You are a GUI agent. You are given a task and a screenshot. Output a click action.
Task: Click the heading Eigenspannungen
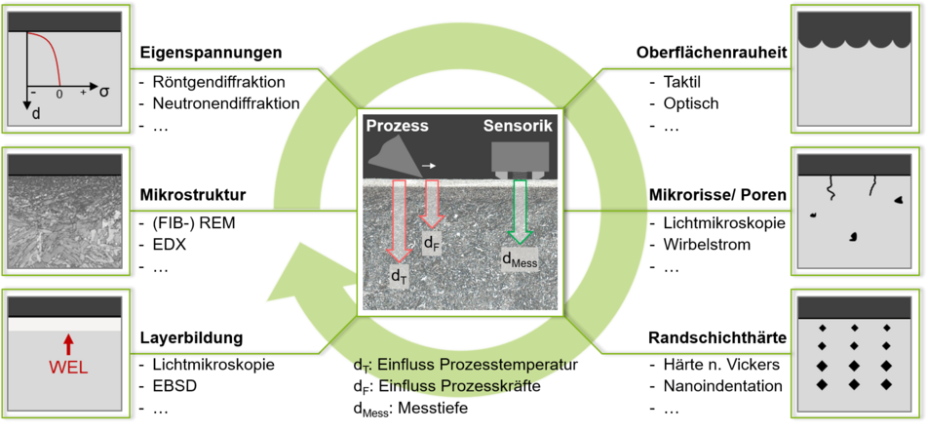point(210,54)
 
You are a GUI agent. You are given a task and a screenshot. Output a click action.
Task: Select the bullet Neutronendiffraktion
point(226,103)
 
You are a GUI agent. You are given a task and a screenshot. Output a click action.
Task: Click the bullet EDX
point(169,244)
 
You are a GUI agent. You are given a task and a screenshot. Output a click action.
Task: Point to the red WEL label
point(67,368)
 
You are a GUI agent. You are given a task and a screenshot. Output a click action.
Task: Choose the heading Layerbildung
point(192,338)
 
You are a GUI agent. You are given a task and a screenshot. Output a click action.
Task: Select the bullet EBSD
point(174,386)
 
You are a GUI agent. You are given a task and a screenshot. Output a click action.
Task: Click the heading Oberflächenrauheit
point(712,54)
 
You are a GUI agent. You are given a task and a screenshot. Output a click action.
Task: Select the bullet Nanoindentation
point(722,386)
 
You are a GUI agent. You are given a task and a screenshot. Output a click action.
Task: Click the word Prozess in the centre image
point(397,126)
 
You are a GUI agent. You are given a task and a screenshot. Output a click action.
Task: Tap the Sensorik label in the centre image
point(519,126)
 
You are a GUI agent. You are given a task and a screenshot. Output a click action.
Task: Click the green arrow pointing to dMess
point(521,212)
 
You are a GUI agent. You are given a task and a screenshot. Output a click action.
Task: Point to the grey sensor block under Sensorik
point(521,160)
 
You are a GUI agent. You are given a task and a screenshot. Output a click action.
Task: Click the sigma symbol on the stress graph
point(104,93)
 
